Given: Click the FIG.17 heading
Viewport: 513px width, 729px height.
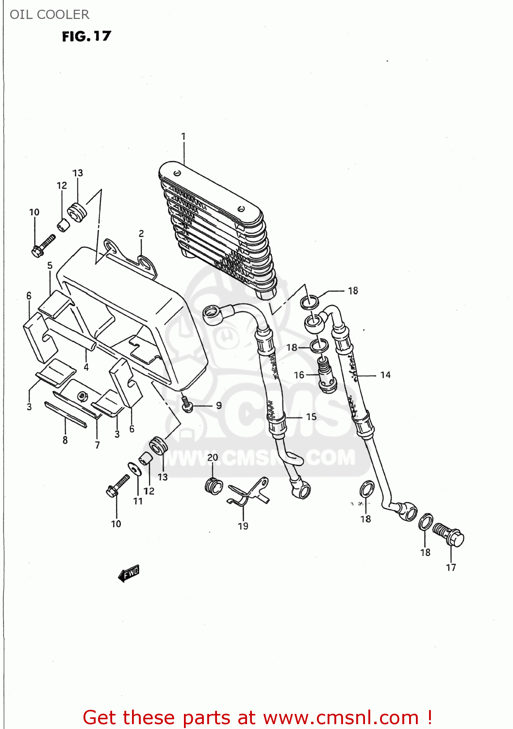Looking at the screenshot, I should (86, 36).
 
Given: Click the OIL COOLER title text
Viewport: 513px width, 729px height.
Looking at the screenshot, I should (50, 15).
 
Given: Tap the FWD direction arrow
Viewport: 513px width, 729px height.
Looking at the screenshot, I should (129, 573).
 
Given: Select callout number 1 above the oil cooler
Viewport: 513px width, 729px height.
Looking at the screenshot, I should (183, 137).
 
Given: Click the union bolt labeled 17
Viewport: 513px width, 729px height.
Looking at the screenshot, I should (449, 535).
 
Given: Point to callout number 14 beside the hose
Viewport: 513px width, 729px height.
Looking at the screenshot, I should (385, 375).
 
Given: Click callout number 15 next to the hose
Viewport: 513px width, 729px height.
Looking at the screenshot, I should (311, 417).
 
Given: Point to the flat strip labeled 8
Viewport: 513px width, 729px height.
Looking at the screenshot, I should (66, 415).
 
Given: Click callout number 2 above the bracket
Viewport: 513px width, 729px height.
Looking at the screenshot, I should (141, 233).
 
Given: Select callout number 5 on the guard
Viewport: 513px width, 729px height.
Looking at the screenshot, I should (50, 265).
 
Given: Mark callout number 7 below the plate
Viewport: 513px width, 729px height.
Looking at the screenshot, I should (98, 445).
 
